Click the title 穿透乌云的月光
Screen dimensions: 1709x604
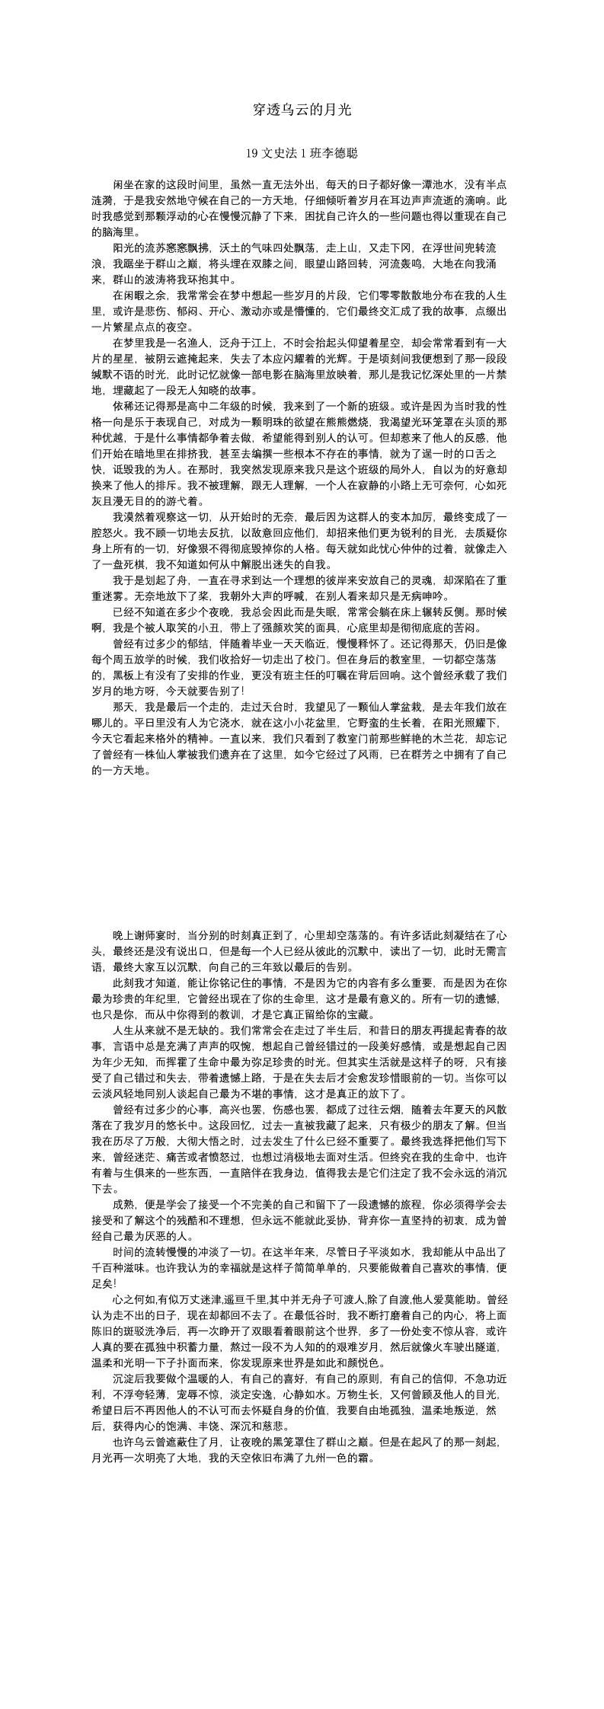click(302, 110)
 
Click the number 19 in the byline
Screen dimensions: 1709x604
click(253, 154)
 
